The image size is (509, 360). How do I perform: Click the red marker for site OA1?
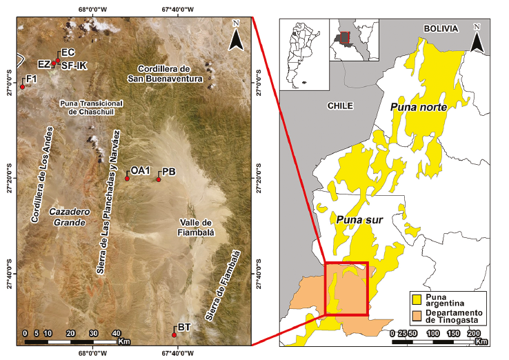[x=127, y=179]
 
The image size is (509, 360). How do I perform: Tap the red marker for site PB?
[x=158, y=179]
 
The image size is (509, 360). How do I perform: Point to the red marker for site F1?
[x=22, y=87]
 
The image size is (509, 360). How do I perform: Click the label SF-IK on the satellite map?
[x=74, y=66]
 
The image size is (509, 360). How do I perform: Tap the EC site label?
[x=68, y=53]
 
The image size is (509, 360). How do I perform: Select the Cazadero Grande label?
[x=67, y=218]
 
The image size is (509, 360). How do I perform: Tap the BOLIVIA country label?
[x=440, y=29]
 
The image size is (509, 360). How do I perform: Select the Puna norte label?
[x=418, y=108]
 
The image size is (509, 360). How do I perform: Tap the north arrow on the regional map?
[x=477, y=38]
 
